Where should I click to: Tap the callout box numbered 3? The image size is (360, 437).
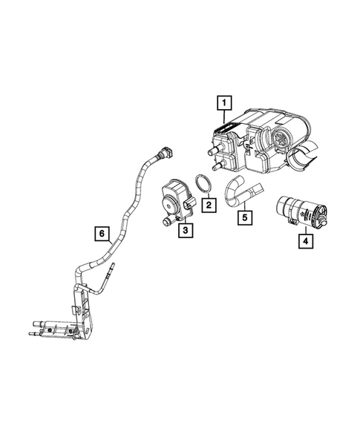(186, 231)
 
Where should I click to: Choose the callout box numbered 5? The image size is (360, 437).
(242, 217)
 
